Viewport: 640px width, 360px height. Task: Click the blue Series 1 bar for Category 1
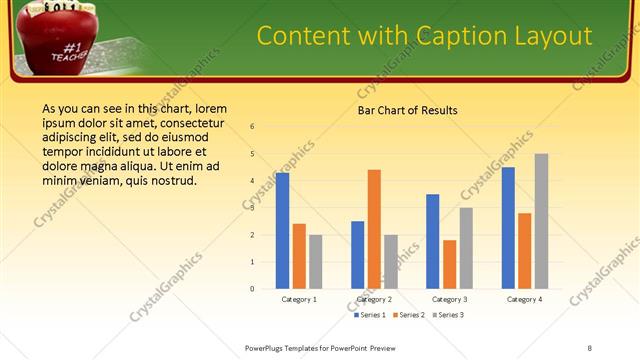tap(282, 230)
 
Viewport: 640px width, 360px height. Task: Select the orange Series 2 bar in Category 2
tap(374, 229)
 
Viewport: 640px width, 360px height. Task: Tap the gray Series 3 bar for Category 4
tap(541, 221)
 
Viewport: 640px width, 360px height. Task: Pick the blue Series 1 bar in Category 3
tap(432, 241)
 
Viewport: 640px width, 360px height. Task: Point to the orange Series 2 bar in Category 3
tap(449, 264)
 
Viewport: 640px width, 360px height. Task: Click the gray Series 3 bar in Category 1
tap(315, 261)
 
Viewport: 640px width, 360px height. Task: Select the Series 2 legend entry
tap(410, 315)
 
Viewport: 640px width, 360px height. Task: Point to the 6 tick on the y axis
tap(252, 127)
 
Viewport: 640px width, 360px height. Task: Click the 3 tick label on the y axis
tap(252, 208)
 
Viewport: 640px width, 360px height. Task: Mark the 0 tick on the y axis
tap(252, 289)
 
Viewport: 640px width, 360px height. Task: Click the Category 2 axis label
tap(374, 299)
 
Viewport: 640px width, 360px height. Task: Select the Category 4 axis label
tap(524, 299)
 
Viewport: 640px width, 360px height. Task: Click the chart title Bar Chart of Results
tap(407, 110)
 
